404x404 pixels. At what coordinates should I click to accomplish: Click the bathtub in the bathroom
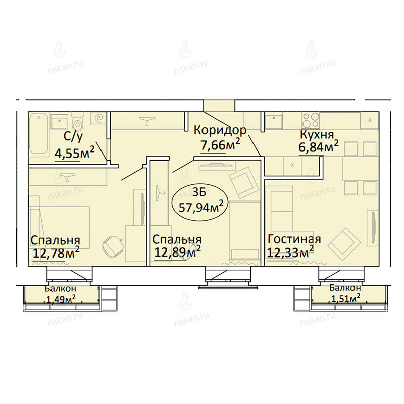39,134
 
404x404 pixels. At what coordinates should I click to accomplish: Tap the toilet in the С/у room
77,123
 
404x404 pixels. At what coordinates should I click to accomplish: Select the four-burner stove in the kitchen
311,120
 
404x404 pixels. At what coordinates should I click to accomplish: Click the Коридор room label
220,130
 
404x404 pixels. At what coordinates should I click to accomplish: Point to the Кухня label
317,134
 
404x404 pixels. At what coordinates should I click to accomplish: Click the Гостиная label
294,239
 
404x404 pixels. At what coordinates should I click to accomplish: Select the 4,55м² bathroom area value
74,153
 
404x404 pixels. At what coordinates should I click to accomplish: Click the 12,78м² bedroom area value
56,253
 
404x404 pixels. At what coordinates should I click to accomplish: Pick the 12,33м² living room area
290,251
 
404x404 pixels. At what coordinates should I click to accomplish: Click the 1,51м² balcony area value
345,298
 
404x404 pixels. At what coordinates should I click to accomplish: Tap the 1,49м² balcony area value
61,299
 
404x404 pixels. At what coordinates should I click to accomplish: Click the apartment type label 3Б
199,192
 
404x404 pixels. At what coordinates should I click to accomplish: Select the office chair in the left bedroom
113,246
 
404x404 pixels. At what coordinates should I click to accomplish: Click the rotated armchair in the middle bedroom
243,182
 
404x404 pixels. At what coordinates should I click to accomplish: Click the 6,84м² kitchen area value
319,147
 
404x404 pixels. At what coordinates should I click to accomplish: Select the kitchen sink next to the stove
274,121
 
